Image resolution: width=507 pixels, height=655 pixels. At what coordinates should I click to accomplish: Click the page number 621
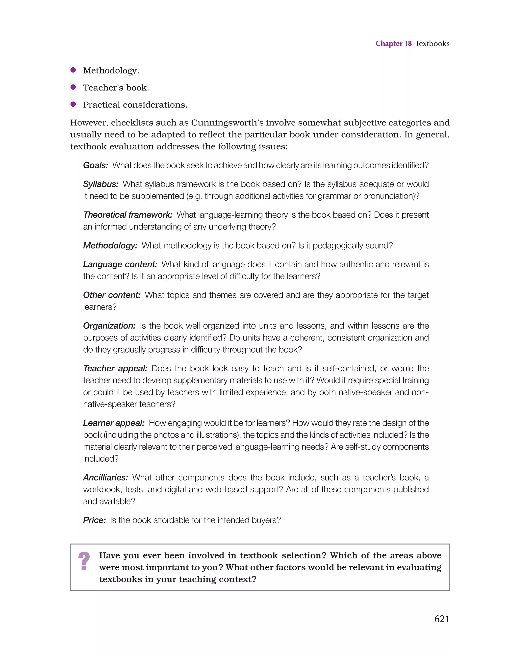point(442,619)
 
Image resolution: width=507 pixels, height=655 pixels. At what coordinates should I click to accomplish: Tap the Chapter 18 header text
point(393,44)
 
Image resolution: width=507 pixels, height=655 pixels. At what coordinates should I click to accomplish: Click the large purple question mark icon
point(84,561)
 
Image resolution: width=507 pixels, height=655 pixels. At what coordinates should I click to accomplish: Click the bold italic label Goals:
point(95,165)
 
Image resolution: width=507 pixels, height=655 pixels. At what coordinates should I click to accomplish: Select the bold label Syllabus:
point(101,184)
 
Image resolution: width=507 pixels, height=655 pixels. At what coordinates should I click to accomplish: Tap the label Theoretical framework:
point(127,215)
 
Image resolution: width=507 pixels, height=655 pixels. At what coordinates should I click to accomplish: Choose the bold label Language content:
point(120,264)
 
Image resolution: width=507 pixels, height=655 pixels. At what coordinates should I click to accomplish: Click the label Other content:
point(112,295)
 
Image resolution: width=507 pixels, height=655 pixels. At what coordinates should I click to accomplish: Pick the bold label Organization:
point(109,326)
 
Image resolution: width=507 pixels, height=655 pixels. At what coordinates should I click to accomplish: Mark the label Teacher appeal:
point(115,368)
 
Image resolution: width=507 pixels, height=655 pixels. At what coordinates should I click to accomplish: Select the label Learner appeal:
point(114,423)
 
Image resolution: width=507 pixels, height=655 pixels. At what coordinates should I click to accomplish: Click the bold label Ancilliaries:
point(105,478)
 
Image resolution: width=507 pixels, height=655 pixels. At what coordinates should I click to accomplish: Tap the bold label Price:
point(94,520)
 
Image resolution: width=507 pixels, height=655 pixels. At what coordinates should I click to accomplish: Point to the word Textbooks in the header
point(432,44)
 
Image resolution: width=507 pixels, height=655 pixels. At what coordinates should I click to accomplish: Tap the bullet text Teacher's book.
point(116,88)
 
